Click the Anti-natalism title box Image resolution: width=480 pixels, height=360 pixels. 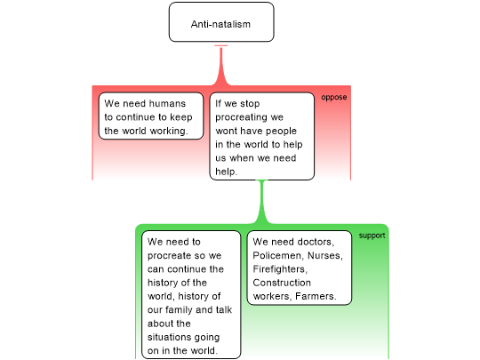point(221,22)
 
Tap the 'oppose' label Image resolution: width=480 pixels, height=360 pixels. point(334,98)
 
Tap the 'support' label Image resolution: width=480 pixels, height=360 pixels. point(372,236)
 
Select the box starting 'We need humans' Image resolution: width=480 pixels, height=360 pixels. point(151,116)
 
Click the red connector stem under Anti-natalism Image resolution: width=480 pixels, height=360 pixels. point(221,66)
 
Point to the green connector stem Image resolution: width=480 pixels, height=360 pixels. point(261,202)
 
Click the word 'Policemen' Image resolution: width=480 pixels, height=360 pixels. point(277,255)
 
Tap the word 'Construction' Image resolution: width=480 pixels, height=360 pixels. point(282,283)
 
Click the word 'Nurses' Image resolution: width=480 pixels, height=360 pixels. point(324,255)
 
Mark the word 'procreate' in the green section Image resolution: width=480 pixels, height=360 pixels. point(172,256)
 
